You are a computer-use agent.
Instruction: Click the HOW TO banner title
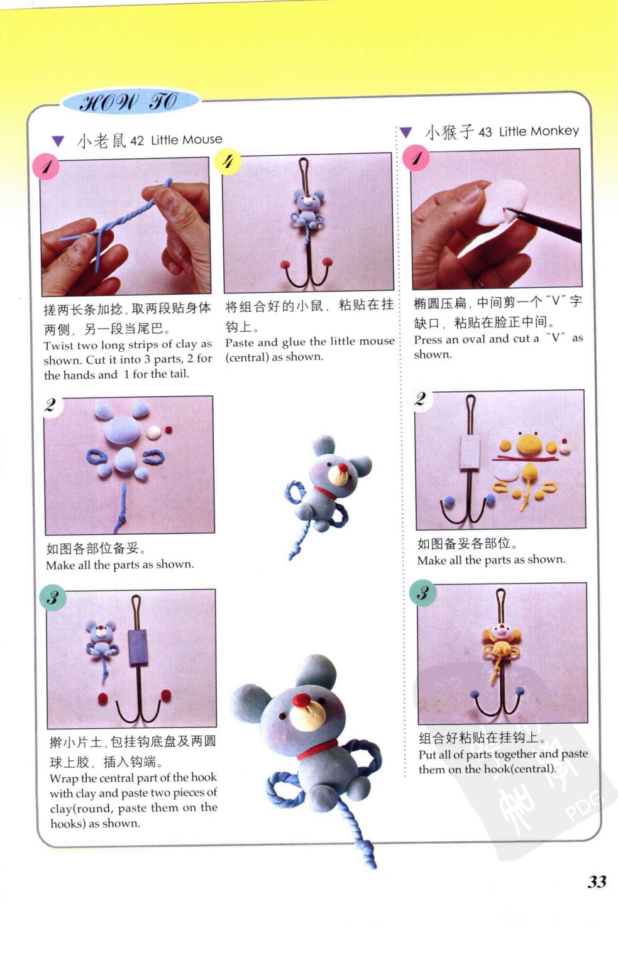pyautogui.click(x=129, y=103)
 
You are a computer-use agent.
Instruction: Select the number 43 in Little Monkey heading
pyautogui.click(x=485, y=132)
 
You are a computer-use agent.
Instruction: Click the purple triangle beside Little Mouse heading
pyautogui.click(x=58, y=141)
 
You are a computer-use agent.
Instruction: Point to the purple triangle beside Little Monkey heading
pyautogui.click(x=406, y=132)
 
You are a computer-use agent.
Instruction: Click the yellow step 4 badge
pyautogui.click(x=228, y=161)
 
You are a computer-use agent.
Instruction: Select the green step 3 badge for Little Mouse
pyautogui.click(x=53, y=598)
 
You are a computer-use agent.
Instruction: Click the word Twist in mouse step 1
pyautogui.click(x=58, y=346)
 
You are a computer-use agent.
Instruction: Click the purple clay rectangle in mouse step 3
pyautogui.click(x=138, y=647)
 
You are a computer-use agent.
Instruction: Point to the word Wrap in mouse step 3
pyautogui.click(x=64, y=778)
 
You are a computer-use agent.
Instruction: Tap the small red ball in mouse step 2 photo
pyautogui.click(x=169, y=430)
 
